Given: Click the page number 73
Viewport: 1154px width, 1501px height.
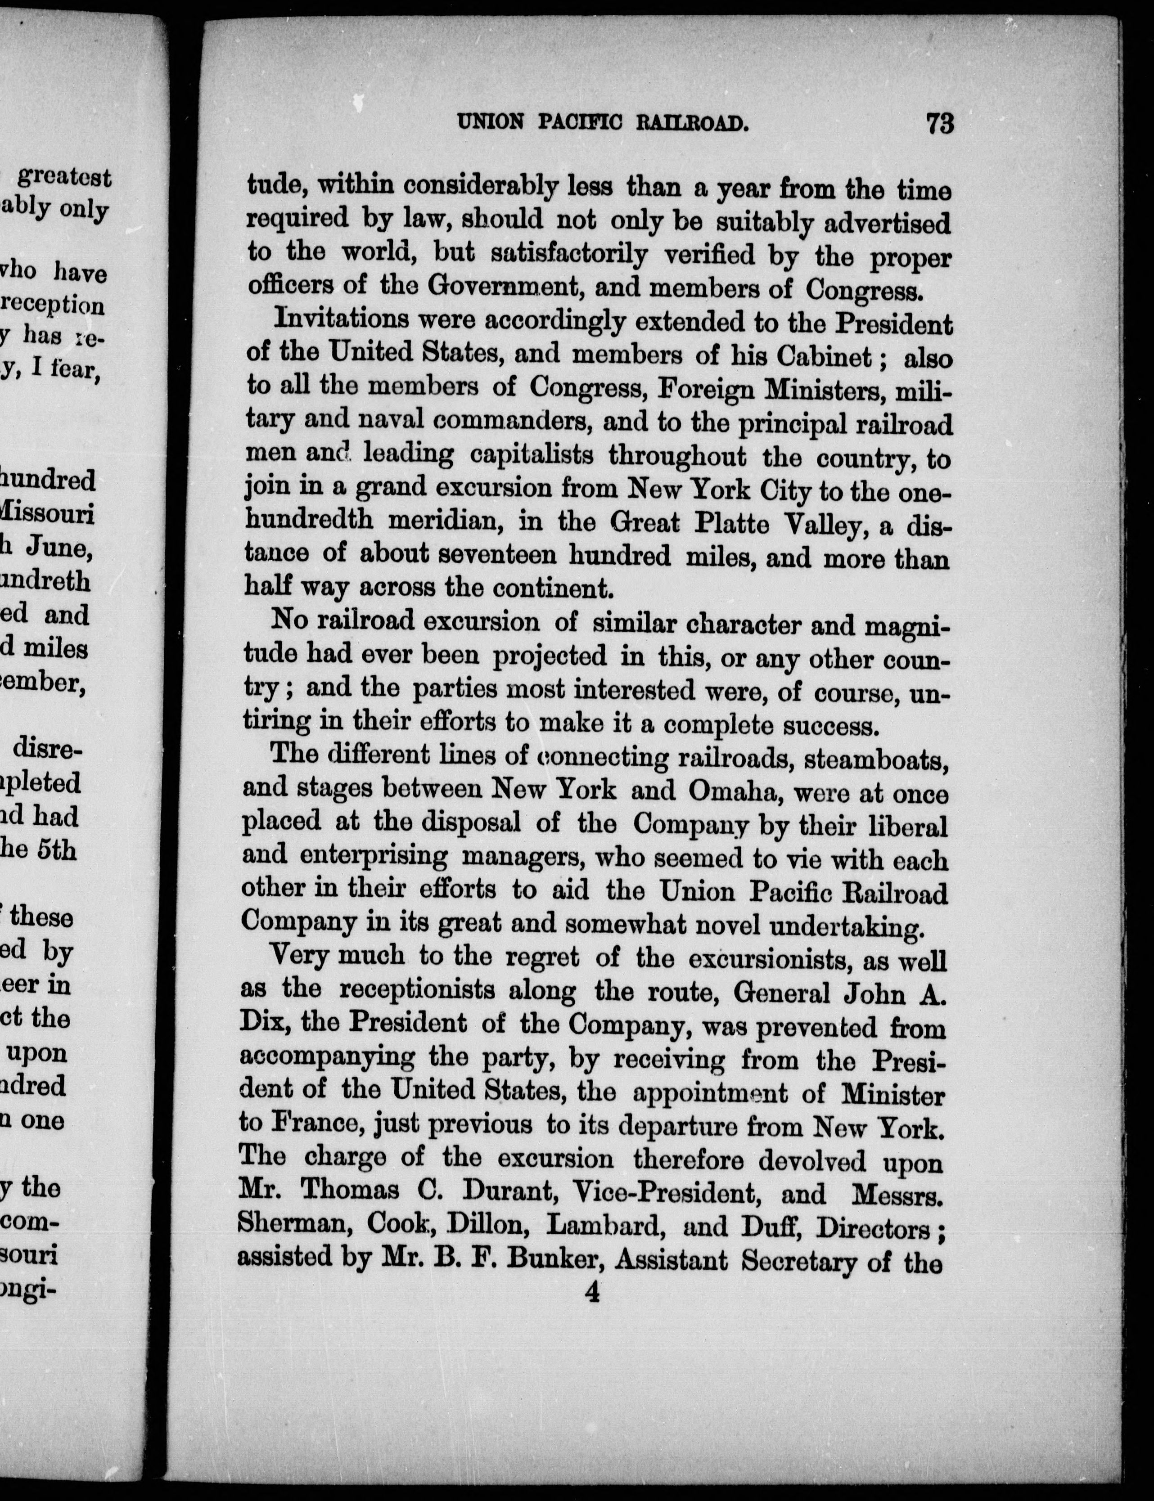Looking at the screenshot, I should point(940,124).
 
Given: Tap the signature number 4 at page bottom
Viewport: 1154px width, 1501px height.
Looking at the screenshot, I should point(591,1293).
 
